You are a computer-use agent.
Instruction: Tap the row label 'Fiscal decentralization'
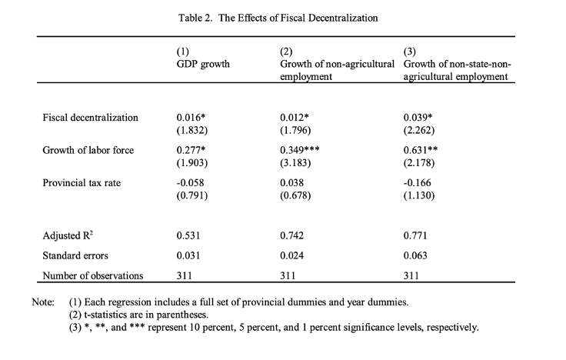[91, 118]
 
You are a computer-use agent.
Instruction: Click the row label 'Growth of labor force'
[88, 150]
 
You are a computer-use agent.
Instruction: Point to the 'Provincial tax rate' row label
[82, 182]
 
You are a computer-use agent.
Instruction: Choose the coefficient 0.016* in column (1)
[191, 118]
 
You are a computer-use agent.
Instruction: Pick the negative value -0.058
[189, 182]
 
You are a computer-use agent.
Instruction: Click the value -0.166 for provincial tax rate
[419, 182]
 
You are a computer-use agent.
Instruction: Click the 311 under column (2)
[288, 275]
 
